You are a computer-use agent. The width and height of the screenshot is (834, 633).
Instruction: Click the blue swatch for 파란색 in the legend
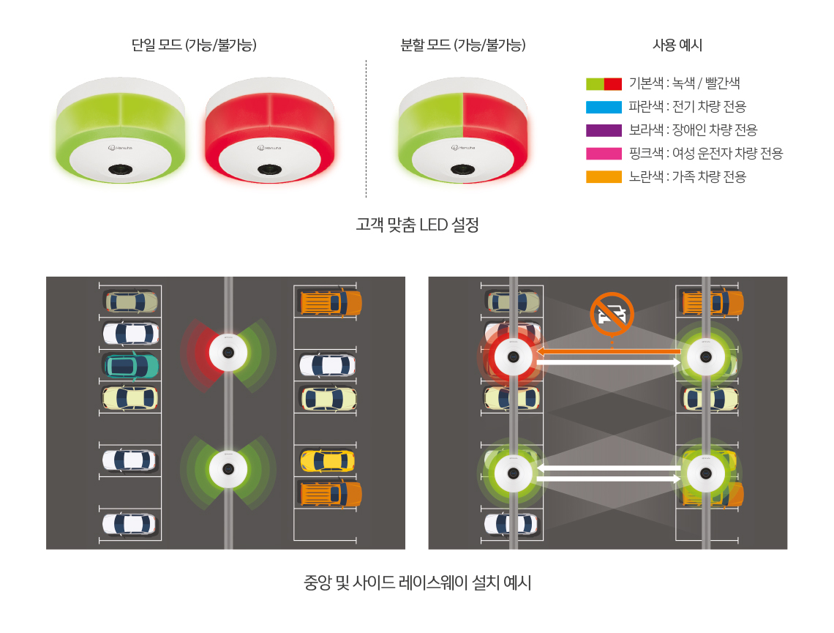pos(604,107)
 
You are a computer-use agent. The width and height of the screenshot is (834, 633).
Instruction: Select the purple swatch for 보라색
pos(604,130)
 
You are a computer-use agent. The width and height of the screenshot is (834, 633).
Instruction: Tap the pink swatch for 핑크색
pos(604,154)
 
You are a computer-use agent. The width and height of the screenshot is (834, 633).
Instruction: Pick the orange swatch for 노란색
pos(604,176)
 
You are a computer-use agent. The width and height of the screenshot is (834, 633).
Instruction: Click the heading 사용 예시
pos(677,45)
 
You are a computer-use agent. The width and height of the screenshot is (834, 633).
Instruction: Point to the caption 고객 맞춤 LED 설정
pos(418,225)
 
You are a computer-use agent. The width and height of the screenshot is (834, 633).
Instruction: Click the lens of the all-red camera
pos(270,170)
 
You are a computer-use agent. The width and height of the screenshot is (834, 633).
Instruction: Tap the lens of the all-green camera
pos(121,170)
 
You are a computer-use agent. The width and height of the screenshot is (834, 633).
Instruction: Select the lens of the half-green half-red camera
pos(463,170)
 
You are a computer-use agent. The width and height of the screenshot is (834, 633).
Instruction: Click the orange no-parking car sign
pos(612,314)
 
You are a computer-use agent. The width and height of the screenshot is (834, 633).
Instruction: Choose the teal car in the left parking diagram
pos(130,366)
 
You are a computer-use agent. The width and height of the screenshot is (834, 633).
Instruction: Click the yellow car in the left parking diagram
pos(328,460)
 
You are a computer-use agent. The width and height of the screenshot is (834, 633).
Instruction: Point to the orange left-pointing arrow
pos(609,351)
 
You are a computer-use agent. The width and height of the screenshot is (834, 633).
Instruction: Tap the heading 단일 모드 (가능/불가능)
pos(194,45)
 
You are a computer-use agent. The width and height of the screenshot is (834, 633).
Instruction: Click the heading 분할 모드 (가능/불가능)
pos(463,45)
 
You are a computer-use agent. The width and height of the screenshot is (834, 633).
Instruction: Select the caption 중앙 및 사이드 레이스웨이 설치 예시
pos(418,583)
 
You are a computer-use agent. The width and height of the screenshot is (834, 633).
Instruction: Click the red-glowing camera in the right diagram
pos(514,357)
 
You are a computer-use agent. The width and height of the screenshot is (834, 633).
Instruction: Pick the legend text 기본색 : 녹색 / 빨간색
pos(685,83)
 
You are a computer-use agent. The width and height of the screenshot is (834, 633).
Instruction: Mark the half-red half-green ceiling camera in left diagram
pos(228,352)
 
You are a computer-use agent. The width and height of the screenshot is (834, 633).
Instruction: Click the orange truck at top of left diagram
pos(331,303)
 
